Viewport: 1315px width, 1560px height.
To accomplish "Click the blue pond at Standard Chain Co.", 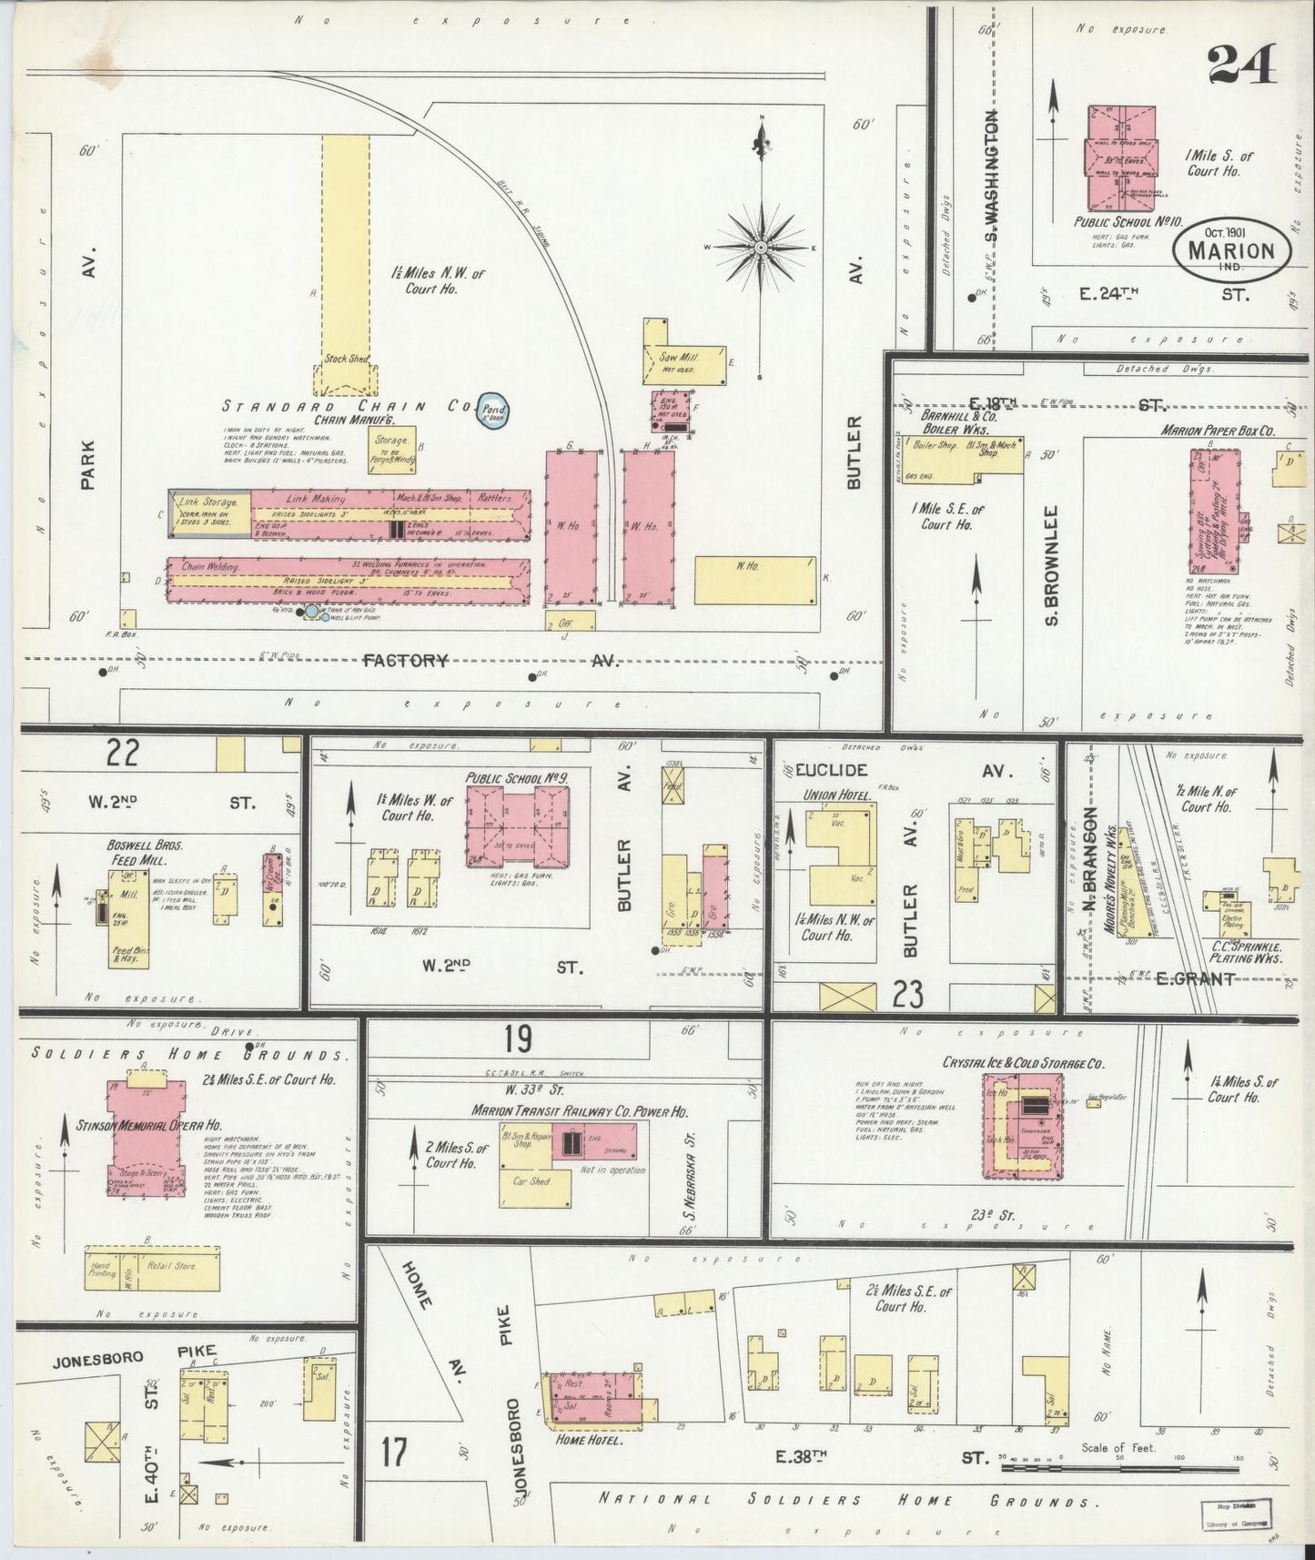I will (x=493, y=412).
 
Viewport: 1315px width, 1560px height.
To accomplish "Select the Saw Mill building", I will (x=684, y=358).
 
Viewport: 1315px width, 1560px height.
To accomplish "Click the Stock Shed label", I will (x=346, y=359).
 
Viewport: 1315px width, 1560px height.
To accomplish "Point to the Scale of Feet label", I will (x=1118, y=1447).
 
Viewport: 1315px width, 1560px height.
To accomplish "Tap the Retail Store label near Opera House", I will (x=172, y=1266).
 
